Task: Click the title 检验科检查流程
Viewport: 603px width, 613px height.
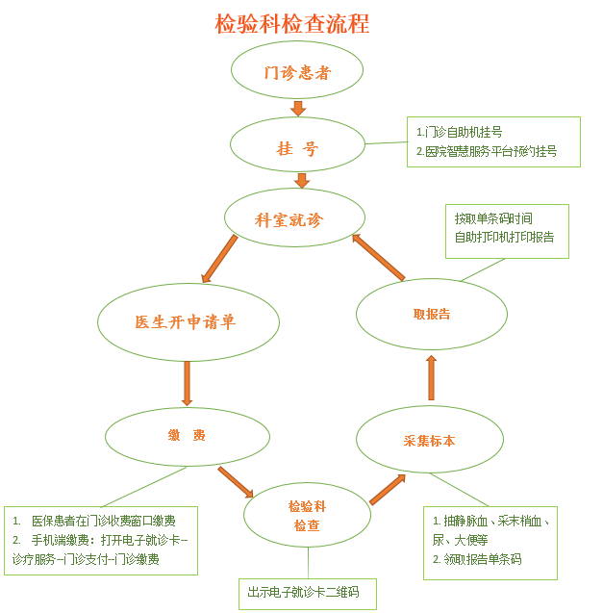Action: [x=291, y=23]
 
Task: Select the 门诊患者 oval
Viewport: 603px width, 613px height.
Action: [x=297, y=71]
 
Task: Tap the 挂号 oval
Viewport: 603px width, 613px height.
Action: [x=297, y=147]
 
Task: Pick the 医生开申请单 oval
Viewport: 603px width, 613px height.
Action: [x=188, y=321]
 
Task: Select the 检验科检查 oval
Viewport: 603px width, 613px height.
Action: [x=306, y=515]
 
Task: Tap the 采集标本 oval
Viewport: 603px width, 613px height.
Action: [x=430, y=440]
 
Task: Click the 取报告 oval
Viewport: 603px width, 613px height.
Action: [x=431, y=314]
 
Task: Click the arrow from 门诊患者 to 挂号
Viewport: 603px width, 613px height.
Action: [x=298, y=108]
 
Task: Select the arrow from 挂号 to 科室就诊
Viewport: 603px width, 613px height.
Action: [x=302, y=180]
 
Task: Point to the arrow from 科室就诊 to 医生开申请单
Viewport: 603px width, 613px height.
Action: [x=220, y=259]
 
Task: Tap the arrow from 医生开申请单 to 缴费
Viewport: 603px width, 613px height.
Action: [x=187, y=383]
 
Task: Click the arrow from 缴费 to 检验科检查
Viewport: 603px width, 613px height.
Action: [x=236, y=480]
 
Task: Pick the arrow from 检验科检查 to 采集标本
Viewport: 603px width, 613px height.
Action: [x=387, y=489]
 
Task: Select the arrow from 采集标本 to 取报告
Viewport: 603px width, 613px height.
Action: [x=431, y=377]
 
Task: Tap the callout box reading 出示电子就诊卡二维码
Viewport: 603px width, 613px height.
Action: [x=307, y=593]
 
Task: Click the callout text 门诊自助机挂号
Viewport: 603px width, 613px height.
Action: [x=460, y=132]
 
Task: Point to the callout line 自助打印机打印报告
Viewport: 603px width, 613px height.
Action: [x=504, y=237]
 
